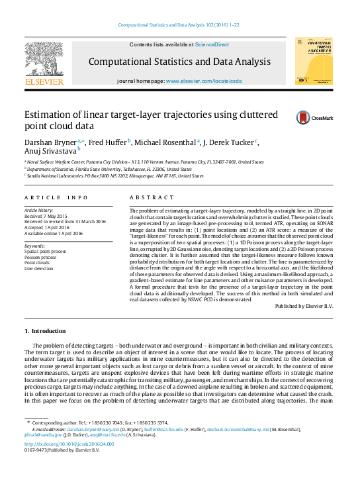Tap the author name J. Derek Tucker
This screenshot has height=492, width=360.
230,142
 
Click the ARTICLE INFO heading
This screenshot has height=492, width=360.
56,197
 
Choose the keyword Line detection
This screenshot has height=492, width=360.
38,269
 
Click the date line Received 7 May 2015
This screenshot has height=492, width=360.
46,216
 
